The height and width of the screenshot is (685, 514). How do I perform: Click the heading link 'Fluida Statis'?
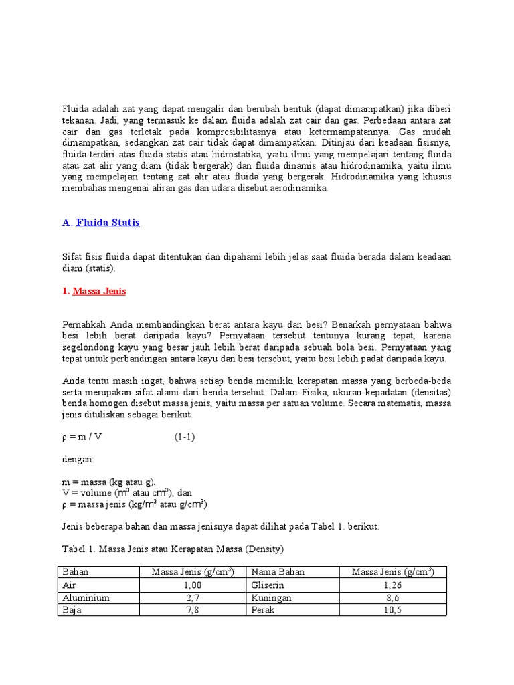108,223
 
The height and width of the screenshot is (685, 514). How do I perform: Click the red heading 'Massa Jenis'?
99,292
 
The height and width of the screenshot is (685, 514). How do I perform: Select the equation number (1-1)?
185,437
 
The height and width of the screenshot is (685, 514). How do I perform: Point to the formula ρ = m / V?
82,437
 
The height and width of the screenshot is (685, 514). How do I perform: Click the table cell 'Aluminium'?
86,597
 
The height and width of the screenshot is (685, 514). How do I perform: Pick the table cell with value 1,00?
192,585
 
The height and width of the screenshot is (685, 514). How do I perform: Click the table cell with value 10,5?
393,610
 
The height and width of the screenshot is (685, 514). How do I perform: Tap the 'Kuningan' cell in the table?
272,597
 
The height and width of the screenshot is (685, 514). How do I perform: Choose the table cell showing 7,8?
192,610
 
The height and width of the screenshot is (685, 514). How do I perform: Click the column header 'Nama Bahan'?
278,572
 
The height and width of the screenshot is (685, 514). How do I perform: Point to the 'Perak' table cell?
264,610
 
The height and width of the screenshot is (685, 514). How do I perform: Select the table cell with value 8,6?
393,597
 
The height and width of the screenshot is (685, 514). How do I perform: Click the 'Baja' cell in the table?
72,610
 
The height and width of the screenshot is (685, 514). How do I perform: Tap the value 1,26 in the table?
393,585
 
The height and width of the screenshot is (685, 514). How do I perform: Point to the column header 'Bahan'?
75,572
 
